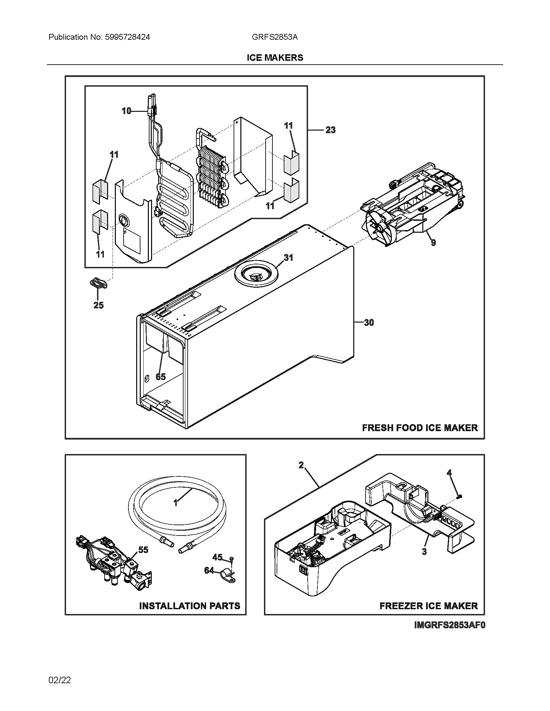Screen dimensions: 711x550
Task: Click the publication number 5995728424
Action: pos(127,37)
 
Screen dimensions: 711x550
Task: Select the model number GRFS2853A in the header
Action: pos(274,37)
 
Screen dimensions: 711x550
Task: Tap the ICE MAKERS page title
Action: pos(275,58)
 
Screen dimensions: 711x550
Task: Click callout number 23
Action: pos(330,130)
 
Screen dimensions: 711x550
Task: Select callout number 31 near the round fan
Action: pos(288,258)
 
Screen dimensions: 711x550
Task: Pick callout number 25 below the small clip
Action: pos(98,305)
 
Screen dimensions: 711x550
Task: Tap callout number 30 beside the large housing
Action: pos(368,323)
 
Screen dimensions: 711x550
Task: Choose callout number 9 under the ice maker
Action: pos(433,242)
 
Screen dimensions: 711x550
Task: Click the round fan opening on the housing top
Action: pos(256,276)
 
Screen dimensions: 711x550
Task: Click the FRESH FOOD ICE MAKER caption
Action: pos(420,428)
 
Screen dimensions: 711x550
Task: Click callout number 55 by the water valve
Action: pos(143,550)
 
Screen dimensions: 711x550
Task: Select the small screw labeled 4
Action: pos(459,496)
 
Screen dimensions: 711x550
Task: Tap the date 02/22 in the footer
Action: pos(60,680)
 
